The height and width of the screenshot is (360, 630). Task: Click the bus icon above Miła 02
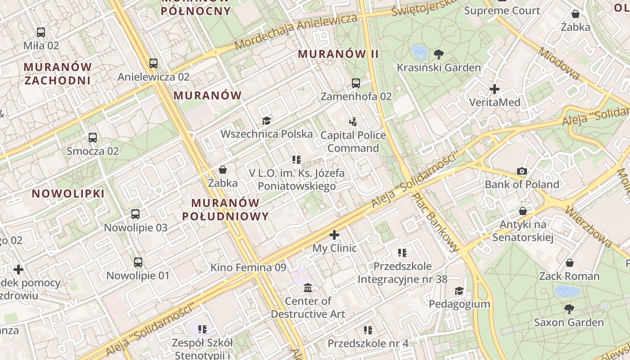coord(41,32)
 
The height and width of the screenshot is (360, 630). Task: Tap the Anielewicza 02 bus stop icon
coord(153,63)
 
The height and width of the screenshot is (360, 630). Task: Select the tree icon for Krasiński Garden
coord(439,54)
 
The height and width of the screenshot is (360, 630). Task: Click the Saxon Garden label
coord(569,322)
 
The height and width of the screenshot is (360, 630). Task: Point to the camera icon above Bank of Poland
coord(522,171)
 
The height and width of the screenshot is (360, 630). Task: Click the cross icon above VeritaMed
coord(495,89)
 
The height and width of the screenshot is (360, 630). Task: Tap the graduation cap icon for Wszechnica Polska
coord(266,121)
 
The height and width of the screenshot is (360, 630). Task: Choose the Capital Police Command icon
coord(353,121)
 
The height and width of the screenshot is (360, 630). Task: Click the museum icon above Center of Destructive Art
coord(308,288)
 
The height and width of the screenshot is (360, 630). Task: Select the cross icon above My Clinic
coord(334,235)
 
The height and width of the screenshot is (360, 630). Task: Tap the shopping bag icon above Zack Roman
coord(569,263)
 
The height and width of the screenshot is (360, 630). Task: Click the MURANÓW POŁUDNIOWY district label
coord(225,209)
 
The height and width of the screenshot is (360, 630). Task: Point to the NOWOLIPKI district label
coord(68,194)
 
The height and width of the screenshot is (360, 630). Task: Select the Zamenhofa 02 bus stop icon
coord(356,83)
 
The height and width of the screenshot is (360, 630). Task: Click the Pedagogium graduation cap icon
coord(459,291)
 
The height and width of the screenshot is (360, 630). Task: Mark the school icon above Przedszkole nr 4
coord(368,330)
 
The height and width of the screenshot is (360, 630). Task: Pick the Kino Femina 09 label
coord(248,267)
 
